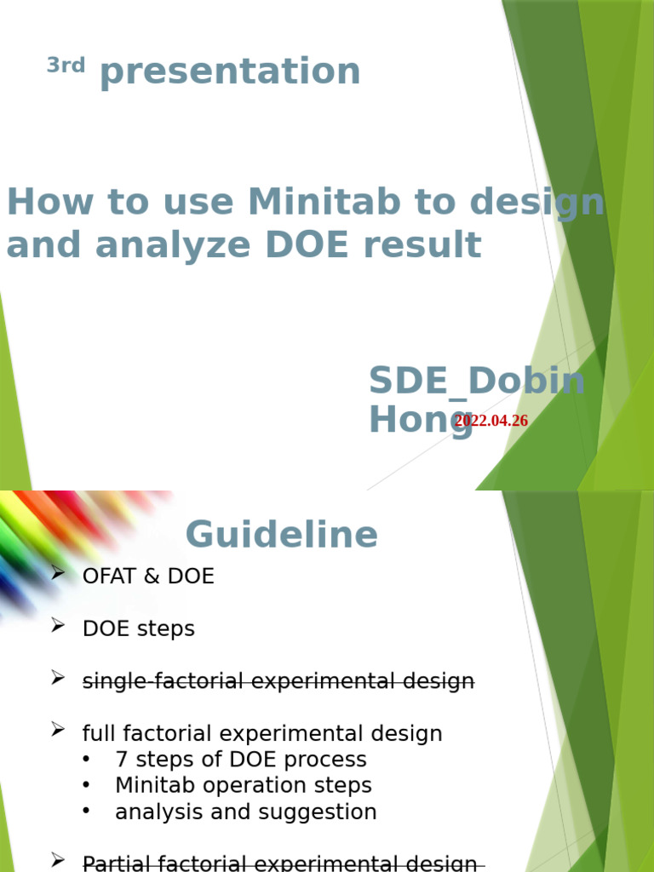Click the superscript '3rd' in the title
click(x=66, y=66)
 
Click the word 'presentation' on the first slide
click(x=230, y=72)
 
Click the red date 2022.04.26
click(x=491, y=421)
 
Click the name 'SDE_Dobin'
click(x=477, y=381)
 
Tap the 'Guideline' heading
click(x=281, y=535)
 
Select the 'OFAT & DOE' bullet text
click(x=148, y=577)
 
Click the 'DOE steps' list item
click(x=139, y=629)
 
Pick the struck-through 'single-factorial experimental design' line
click(x=278, y=681)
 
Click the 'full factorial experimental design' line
click(x=262, y=734)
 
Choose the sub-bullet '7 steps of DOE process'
click(x=241, y=760)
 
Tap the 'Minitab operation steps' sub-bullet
click(x=244, y=786)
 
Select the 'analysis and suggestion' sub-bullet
click(x=246, y=812)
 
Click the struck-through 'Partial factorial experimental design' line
click(x=279, y=863)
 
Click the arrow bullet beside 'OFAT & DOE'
click(x=58, y=574)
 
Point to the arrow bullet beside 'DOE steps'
click(x=58, y=627)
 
